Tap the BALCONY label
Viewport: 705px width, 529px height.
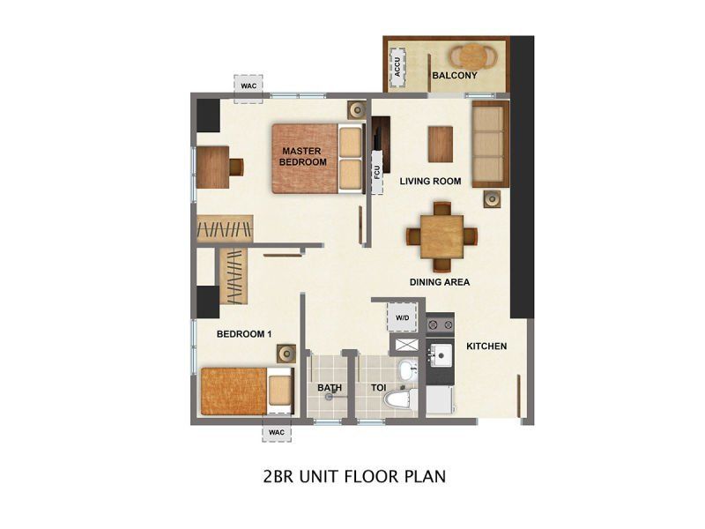[x=455, y=75]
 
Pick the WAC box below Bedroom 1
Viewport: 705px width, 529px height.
[x=277, y=432]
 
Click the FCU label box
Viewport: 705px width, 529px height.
[x=377, y=171]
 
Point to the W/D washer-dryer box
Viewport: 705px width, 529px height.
[x=403, y=317]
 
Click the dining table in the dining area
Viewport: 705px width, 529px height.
[x=442, y=236]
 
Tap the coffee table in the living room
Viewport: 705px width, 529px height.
[x=441, y=144]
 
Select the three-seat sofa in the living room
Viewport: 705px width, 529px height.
[x=491, y=144]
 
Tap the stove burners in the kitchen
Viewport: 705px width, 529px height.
[x=440, y=324]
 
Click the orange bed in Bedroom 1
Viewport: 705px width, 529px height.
[x=247, y=391]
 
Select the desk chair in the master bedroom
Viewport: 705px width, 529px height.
[x=236, y=167]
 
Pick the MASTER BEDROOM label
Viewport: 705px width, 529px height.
[x=302, y=157]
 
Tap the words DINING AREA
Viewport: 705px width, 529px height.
[x=439, y=282]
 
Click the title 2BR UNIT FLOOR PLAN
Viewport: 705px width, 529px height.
[x=354, y=476]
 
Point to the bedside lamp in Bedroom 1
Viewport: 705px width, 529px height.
[x=286, y=354]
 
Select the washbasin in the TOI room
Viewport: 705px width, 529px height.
[x=407, y=369]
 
